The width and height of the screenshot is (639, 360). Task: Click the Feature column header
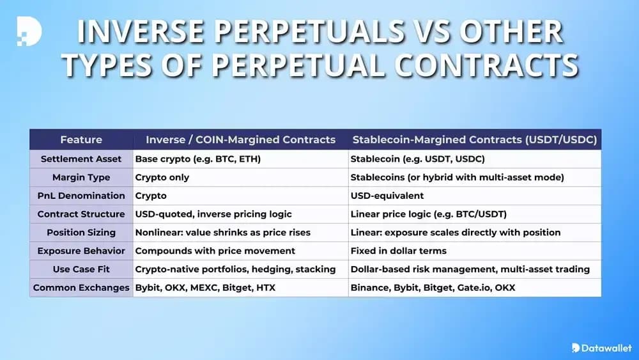81,139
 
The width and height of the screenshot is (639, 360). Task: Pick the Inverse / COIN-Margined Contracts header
241,139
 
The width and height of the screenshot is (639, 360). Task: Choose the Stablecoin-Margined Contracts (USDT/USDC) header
474,139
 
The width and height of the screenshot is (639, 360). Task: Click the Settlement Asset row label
81,159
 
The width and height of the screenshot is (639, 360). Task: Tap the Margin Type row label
81,177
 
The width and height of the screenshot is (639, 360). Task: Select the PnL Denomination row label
81,196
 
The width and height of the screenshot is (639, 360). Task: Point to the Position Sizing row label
81,232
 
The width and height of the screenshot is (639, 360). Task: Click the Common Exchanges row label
81,288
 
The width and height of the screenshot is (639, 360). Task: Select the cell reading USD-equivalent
387,196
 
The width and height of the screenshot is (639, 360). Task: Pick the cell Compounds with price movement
215,251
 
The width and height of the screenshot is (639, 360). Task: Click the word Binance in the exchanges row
369,288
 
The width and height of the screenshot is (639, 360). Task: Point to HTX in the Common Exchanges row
265,288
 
